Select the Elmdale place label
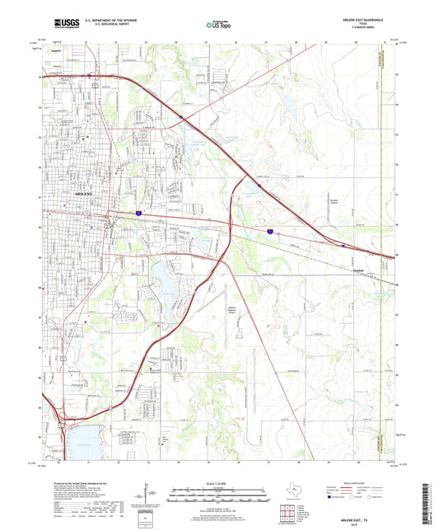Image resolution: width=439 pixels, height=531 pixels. click(x=358, y=270)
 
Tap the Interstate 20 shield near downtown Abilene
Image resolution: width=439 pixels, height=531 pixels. click(x=138, y=213)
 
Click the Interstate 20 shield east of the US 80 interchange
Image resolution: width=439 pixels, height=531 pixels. click(x=269, y=233)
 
